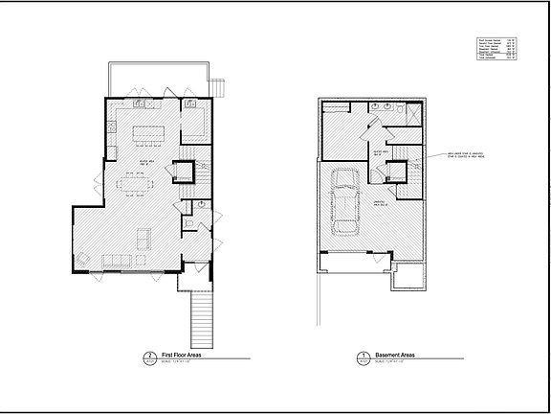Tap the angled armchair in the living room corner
83,256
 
